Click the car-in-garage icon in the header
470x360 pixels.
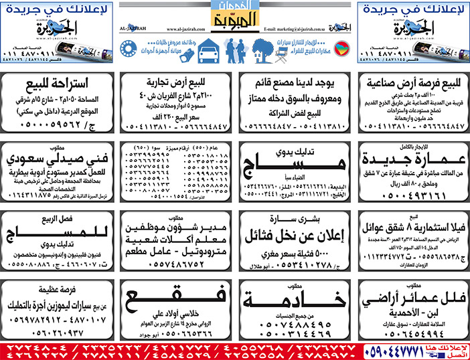click(208, 50)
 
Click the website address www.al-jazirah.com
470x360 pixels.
click(179, 29)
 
